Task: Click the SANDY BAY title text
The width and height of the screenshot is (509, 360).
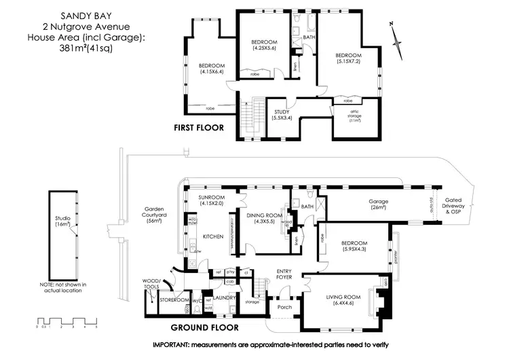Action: click(62, 13)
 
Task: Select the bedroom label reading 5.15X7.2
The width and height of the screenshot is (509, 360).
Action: click(350, 59)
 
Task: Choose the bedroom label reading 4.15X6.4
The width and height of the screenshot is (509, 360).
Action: click(212, 69)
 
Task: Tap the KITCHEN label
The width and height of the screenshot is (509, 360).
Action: click(212, 237)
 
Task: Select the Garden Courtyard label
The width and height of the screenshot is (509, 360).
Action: click(155, 215)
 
